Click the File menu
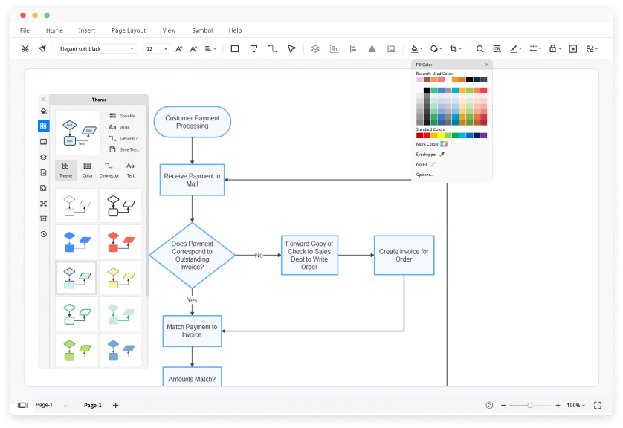25,30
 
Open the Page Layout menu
129,30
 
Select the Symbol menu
202,30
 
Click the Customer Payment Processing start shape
192,122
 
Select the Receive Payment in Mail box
192,180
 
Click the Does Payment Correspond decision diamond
192,255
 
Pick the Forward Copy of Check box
309,255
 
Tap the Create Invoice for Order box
404,255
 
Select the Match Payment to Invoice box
192,331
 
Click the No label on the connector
259,255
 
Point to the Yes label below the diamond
192,300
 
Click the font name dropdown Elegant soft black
97,49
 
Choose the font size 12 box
157,49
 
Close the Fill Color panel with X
487,65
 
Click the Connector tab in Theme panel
109,169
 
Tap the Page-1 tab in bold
93,405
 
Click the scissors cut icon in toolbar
25,49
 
